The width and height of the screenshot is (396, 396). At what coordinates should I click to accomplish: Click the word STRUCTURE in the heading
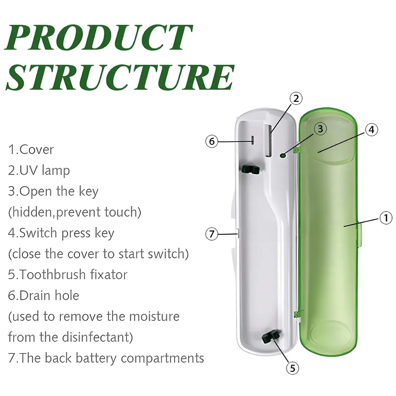point(119,77)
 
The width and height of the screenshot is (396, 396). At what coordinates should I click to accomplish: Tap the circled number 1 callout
point(386,217)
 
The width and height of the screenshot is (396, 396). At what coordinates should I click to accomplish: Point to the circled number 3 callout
point(320,128)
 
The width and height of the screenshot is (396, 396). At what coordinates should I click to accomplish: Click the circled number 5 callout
point(292,368)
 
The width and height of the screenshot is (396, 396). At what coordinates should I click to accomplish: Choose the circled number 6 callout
point(212,141)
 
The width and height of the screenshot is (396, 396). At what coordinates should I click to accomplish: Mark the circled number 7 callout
point(212,234)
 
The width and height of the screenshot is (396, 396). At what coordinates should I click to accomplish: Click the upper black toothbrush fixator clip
point(249,169)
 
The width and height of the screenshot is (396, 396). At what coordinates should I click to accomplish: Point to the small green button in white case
point(283,156)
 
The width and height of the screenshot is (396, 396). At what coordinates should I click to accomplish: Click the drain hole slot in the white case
point(252,141)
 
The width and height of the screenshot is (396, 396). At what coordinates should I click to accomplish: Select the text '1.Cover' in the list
point(31,150)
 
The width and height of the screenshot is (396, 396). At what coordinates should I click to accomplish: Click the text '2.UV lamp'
point(39,170)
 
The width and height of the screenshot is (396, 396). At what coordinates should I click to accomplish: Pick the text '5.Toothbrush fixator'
point(68,274)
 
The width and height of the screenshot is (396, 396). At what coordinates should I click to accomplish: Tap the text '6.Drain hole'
point(44,295)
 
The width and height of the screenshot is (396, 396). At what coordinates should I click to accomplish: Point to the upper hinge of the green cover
point(297,150)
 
